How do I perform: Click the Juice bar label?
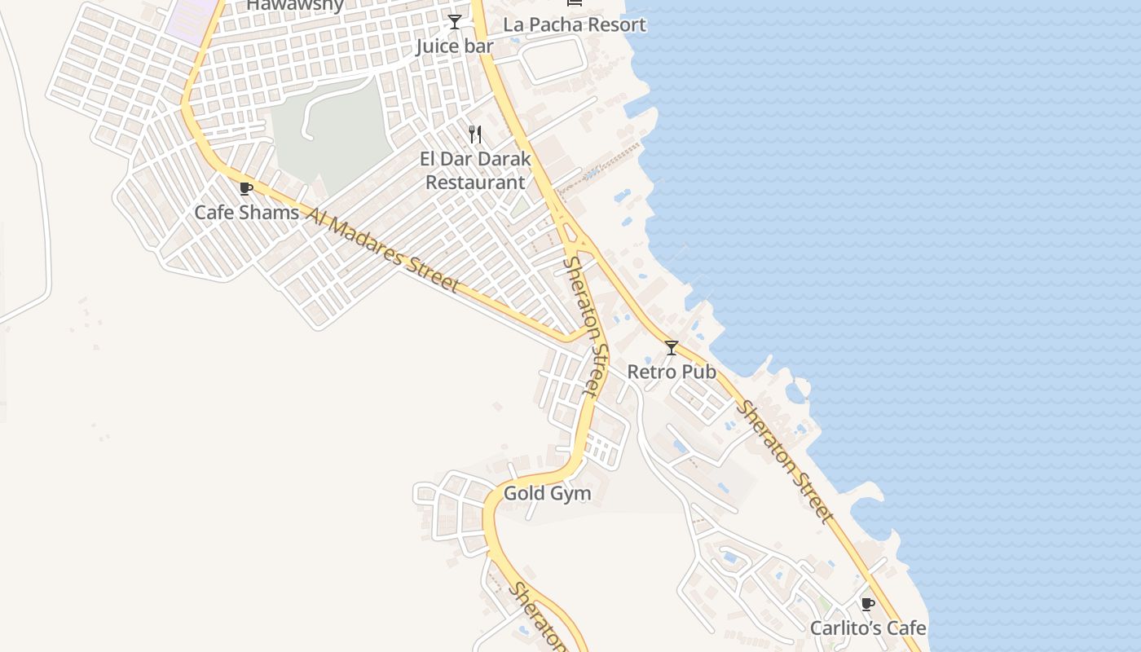[455, 46]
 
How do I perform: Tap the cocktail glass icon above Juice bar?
[455, 22]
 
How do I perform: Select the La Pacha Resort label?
[575, 24]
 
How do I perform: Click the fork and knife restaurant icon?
[475, 134]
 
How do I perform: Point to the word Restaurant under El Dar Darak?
[475, 182]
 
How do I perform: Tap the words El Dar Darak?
[475, 159]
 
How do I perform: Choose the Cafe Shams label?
[246, 213]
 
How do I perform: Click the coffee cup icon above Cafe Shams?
[246, 189]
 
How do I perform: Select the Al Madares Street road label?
[383, 249]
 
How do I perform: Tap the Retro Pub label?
[672, 372]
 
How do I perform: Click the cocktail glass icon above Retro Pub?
[672, 348]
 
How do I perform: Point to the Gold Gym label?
[547, 493]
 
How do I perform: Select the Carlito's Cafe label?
[868, 628]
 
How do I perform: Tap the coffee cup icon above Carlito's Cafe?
[868, 604]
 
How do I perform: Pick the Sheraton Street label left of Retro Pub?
[588, 326]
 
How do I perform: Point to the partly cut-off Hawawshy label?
[295, 5]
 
